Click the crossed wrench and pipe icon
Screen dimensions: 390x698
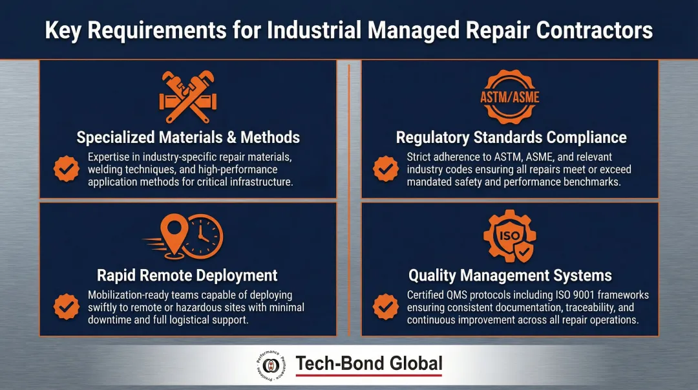coord(187,98)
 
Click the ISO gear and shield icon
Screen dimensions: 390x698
coord(510,237)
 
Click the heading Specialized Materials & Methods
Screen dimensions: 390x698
coord(188,137)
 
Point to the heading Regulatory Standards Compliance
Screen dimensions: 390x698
coord(511,137)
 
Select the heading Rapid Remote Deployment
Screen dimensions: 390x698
coord(187,276)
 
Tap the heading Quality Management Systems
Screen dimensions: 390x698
coord(510,276)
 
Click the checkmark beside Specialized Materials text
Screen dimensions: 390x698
coord(65,169)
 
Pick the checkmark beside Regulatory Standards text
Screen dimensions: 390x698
coord(386,169)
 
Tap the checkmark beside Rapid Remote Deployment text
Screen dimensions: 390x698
coord(65,307)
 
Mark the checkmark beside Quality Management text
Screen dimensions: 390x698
coord(386,307)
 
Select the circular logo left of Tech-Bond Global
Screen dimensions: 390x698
coord(271,367)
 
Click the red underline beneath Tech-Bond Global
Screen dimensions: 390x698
coord(369,376)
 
